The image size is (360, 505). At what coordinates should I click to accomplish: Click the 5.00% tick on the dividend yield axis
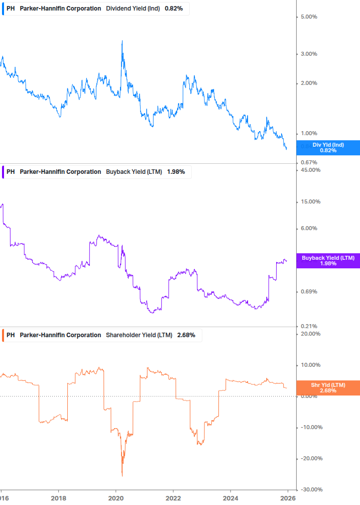[309, 17]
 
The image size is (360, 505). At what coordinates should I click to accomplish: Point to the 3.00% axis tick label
[309, 54]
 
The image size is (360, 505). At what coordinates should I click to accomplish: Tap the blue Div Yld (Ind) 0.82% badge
[328, 148]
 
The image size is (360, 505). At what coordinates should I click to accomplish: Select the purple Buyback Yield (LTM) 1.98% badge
[328, 261]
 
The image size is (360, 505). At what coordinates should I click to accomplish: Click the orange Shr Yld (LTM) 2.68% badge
[328, 388]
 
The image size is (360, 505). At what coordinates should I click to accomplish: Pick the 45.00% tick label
[310, 170]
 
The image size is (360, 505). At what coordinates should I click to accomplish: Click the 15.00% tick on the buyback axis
[310, 201]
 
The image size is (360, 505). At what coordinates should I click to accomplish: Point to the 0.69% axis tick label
[309, 291]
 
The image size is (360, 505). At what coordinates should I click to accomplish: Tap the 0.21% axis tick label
[309, 327]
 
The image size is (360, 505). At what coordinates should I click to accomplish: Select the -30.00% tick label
[310, 489]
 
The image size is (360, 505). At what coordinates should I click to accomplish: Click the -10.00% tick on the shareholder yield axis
[310, 427]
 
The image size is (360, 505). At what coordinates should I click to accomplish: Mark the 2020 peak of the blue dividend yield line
[122, 41]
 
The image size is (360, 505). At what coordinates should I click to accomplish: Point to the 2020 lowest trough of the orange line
[122, 475]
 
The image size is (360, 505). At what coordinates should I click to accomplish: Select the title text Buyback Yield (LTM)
[134, 172]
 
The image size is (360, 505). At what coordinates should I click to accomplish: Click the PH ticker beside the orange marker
[11, 335]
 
